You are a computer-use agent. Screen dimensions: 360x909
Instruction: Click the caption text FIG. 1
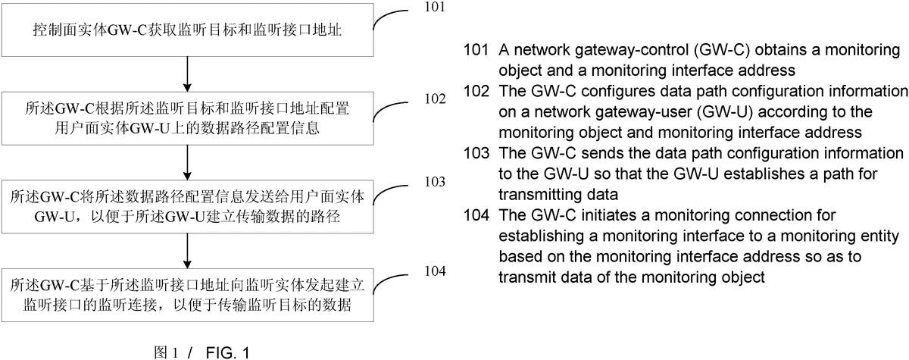(223, 352)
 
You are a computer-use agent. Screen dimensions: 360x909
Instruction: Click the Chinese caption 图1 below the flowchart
(165, 352)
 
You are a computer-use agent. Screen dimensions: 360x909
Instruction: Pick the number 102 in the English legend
(476, 92)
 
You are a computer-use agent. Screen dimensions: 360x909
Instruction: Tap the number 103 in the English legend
(476, 154)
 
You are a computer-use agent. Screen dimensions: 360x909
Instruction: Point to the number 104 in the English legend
(476, 215)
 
